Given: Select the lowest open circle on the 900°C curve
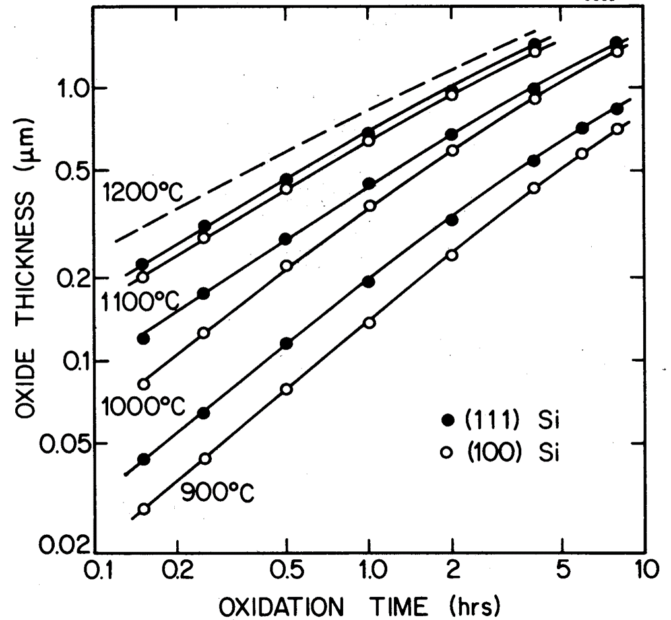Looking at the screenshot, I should coord(144,509).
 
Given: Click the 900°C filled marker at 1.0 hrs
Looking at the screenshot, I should coord(369,282).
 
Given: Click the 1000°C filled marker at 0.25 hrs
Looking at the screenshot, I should coord(204,293).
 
